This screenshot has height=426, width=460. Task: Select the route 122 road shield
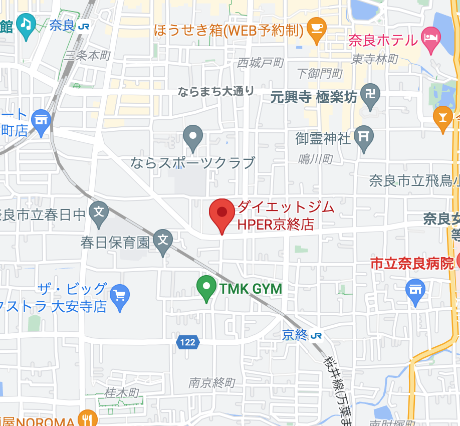(x=187, y=343)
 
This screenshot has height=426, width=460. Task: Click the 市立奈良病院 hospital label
(x=412, y=263)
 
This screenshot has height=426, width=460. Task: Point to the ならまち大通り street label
(x=216, y=91)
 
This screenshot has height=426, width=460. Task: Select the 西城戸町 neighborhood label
(x=260, y=63)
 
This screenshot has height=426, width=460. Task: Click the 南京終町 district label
(x=211, y=383)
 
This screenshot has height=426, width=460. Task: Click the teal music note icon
(x=25, y=23)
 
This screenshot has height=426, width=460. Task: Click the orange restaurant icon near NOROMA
(x=88, y=420)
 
